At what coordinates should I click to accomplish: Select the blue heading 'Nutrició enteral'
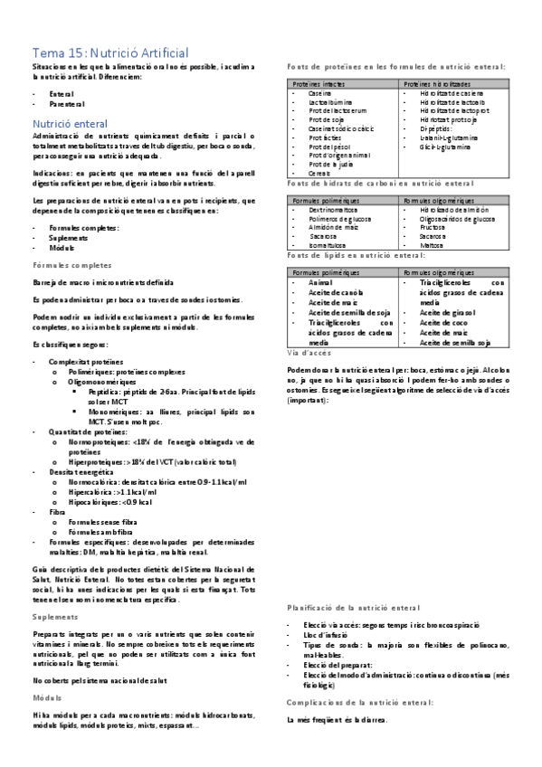(71, 122)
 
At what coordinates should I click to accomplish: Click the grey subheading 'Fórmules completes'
(72, 267)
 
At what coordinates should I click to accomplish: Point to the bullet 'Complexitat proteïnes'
(89, 361)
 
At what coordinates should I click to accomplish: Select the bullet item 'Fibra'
(59, 512)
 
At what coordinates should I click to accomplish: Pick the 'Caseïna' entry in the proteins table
(320, 93)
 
